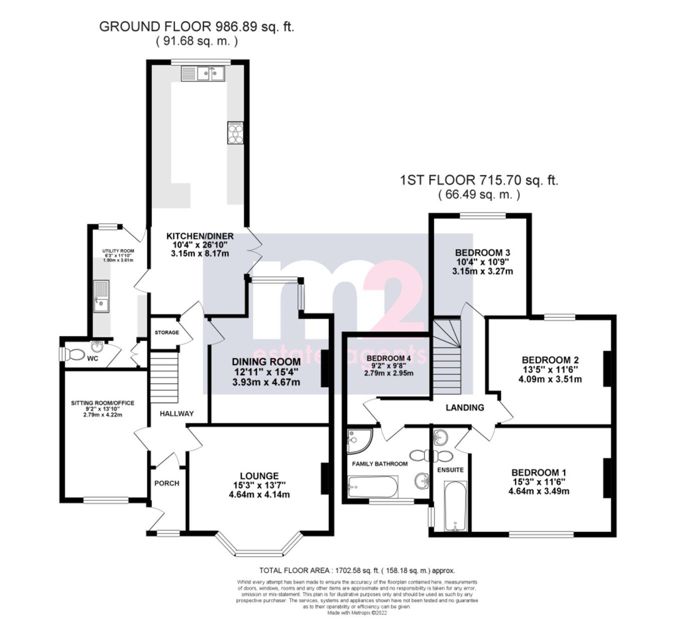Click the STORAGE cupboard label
pos(167,333)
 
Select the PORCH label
pos(167,483)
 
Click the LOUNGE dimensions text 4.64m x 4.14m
pos(259,495)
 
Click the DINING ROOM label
pos(266,362)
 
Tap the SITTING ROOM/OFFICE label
pos(103,403)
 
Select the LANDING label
pos(465,408)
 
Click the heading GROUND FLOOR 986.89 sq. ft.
pos(197,27)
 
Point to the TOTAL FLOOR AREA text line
pos(357,570)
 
